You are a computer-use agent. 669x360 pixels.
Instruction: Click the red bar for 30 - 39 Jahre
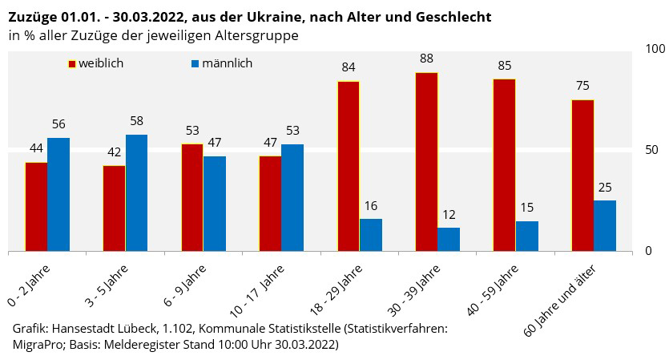click(x=426, y=162)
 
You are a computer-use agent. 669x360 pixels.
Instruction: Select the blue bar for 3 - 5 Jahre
click(x=137, y=192)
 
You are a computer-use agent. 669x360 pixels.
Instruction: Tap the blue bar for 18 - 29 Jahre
click(x=371, y=235)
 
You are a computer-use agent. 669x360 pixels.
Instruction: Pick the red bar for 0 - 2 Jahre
click(x=37, y=207)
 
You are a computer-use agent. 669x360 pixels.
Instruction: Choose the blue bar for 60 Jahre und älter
click(x=605, y=225)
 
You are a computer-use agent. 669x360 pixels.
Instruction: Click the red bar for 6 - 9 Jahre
click(x=192, y=197)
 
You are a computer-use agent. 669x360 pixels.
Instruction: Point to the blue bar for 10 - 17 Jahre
click(x=292, y=197)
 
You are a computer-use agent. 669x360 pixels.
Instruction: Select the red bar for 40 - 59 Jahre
click(x=505, y=165)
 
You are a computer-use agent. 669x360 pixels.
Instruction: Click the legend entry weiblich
click(x=100, y=63)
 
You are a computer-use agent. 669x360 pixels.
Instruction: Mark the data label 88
click(x=426, y=59)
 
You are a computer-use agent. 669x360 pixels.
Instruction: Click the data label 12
click(x=449, y=214)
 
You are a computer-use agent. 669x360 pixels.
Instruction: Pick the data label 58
click(x=137, y=121)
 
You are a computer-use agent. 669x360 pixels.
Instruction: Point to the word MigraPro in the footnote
click(x=38, y=345)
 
